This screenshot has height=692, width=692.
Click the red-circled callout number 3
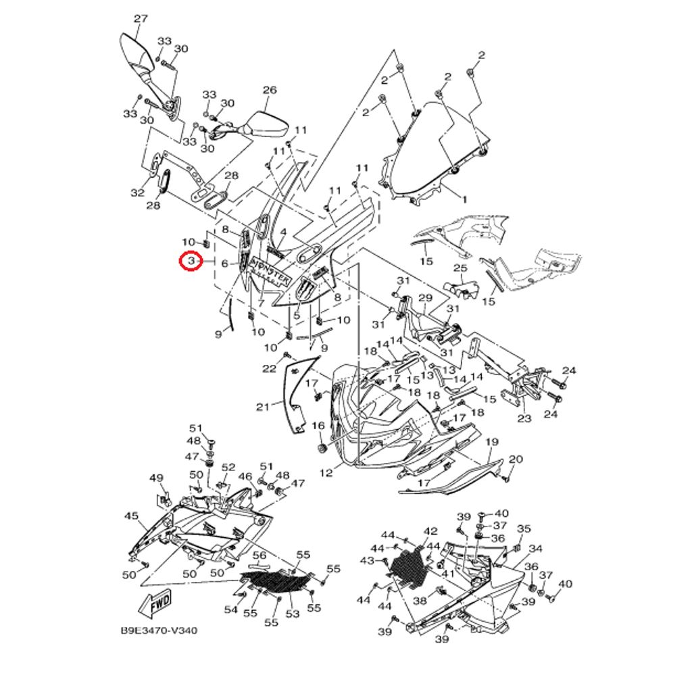191,262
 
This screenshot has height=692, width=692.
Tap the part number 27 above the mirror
141,19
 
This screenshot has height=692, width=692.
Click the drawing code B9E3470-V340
159,631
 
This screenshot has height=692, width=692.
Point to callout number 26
270,90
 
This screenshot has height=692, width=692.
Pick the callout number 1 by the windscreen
464,200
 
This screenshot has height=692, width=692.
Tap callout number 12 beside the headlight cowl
326,472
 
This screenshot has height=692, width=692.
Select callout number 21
263,406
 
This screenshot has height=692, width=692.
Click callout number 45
131,516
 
